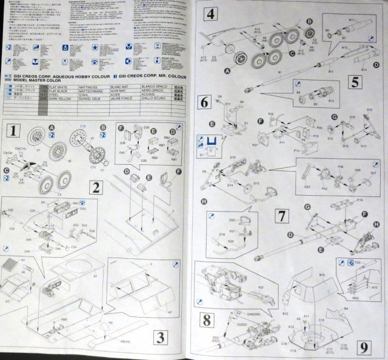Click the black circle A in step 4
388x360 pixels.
[x=228, y=71]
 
